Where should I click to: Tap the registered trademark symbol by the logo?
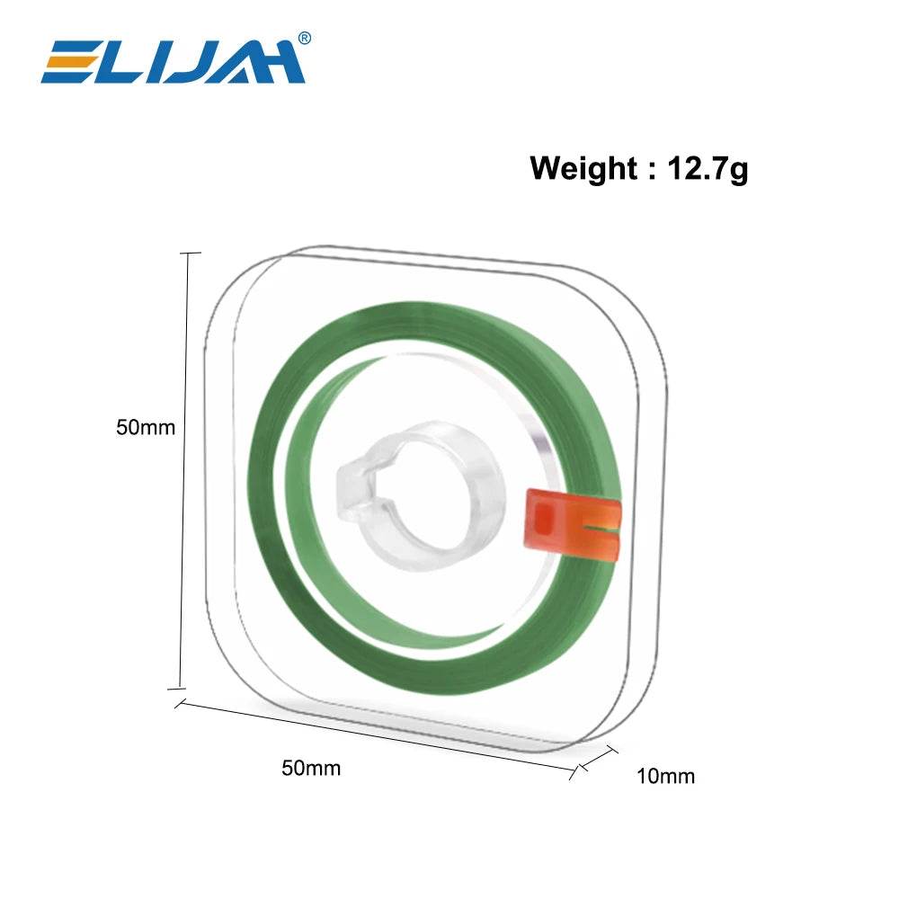pyautogui.click(x=305, y=38)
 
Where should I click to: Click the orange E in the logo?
pyautogui.click(x=73, y=62)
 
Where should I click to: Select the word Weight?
pyautogui.click(x=583, y=169)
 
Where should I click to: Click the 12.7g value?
pyautogui.click(x=708, y=169)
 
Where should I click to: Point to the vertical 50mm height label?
pyautogui.click(x=146, y=428)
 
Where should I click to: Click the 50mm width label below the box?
pyautogui.click(x=311, y=769)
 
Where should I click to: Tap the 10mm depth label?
pyautogui.click(x=665, y=777)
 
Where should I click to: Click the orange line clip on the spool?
pyautogui.click(x=574, y=523)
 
